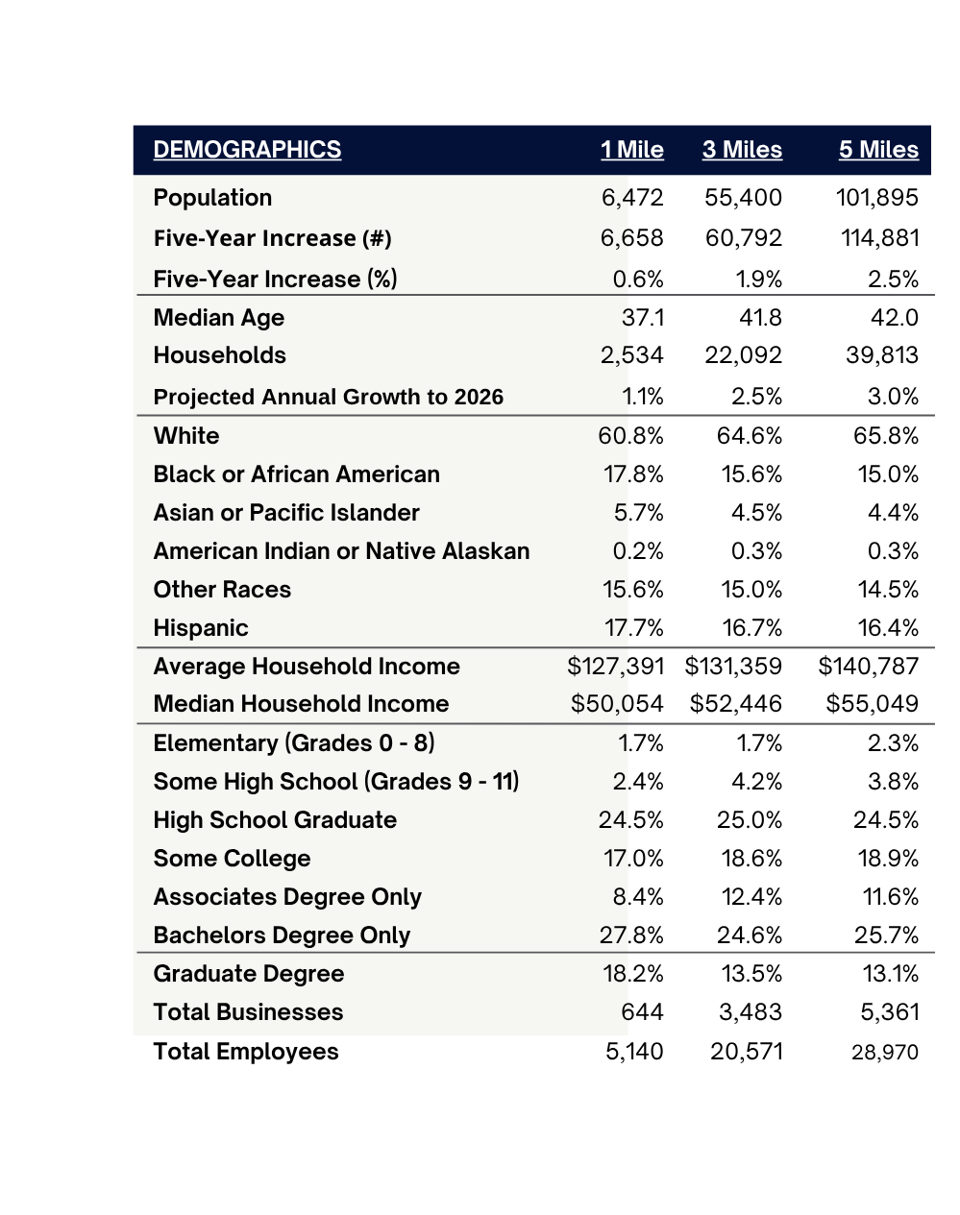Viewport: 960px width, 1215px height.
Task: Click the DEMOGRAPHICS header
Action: pyautogui.click(x=247, y=150)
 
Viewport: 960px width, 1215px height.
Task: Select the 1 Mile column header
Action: pyautogui.click(x=631, y=150)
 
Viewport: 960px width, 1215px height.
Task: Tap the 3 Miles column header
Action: pyautogui.click(x=742, y=150)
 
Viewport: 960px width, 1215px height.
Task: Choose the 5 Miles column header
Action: pyautogui.click(x=878, y=150)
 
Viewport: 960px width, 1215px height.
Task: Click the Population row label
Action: pyautogui.click(x=212, y=198)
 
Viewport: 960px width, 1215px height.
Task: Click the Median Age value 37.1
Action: pyautogui.click(x=643, y=318)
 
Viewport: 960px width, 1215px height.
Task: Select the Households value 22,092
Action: pyautogui.click(x=743, y=355)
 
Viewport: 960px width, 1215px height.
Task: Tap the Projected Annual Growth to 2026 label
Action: pyautogui.click(x=329, y=397)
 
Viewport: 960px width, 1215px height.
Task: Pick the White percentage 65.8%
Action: pyautogui.click(x=885, y=436)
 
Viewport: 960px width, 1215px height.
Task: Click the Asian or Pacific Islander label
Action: pyautogui.click(x=286, y=513)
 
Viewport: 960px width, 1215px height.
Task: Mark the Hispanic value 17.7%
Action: pyautogui.click(x=634, y=628)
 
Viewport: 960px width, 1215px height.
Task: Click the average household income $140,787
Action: pyautogui.click(x=869, y=667)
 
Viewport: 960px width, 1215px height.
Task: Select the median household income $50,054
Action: pyautogui.click(x=617, y=704)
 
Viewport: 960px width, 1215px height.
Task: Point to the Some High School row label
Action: pyautogui.click(x=336, y=782)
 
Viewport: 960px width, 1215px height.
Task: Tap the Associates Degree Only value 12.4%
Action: pyautogui.click(x=751, y=897)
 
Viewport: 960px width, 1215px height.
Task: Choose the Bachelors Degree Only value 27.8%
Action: pyautogui.click(x=631, y=936)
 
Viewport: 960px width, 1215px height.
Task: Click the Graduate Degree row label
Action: pyautogui.click(x=249, y=975)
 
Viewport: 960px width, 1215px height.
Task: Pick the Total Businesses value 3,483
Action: pyautogui.click(x=751, y=1012)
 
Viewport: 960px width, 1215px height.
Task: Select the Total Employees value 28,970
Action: pyautogui.click(x=885, y=1053)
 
